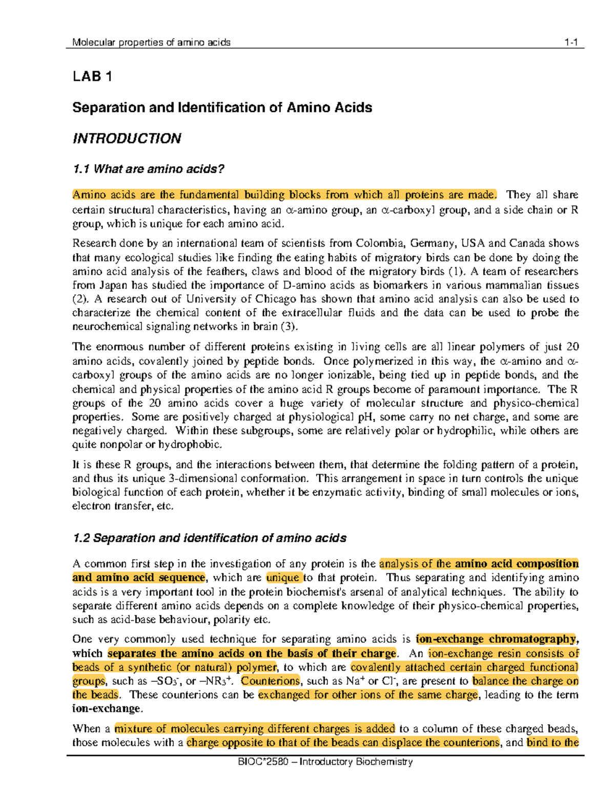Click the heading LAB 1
92,77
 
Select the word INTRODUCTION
127,139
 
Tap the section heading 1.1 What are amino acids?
149,169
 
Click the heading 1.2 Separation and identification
209,538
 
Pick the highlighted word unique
282,578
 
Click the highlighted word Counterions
271,682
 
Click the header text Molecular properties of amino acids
151,43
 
